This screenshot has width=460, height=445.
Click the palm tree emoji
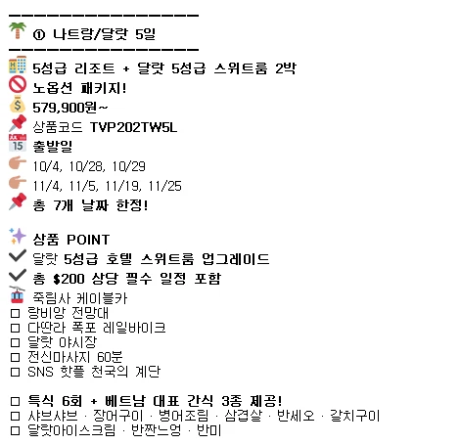pyautogui.click(x=18, y=30)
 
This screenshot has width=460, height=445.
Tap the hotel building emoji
pyautogui.click(x=18, y=65)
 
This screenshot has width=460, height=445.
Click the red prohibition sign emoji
pyautogui.click(x=18, y=85)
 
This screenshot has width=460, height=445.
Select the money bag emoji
pyautogui.click(x=18, y=105)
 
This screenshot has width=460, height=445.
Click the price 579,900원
pyautogui.click(x=65, y=108)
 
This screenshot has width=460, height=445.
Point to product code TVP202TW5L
pyautogui.click(x=134, y=127)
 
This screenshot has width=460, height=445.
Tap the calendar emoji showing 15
pyautogui.click(x=18, y=143)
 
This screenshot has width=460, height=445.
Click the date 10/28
pyautogui.click(x=86, y=166)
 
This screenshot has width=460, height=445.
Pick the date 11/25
pyautogui.click(x=164, y=186)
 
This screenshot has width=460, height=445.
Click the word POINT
pyautogui.click(x=88, y=240)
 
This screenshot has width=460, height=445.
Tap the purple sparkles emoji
pyautogui.click(x=18, y=236)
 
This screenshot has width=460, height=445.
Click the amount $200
pyautogui.click(x=69, y=279)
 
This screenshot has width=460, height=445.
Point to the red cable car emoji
pyautogui.click(x=18, y=294)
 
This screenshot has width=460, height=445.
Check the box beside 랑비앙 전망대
pyautogui.click(x=15, y=313)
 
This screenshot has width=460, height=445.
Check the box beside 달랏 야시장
pyautogui.click(x=15, y=342)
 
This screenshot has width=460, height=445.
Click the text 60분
pyautogui.click(x=110, y=357)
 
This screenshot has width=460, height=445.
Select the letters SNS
pyautogui.click(x=40, y=372)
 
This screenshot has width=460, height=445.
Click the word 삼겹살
pyautogui.click(x=243, y=416)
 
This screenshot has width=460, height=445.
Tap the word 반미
pyautogui.click(x=209, y=430)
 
